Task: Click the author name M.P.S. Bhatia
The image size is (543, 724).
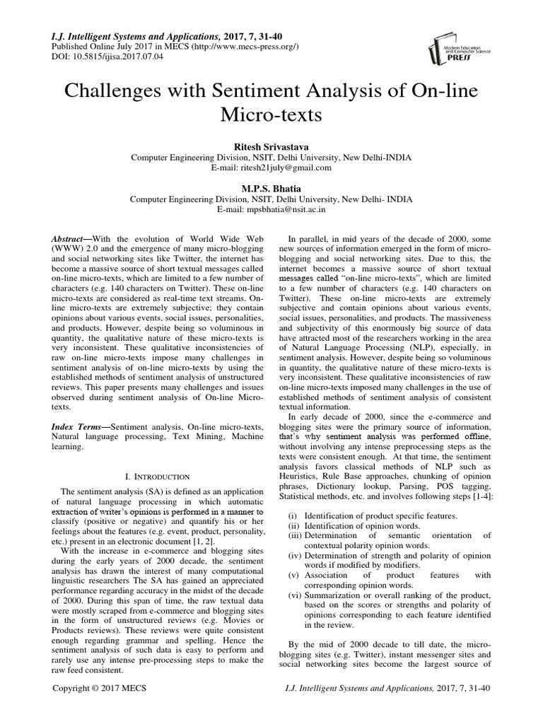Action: pos(271,188)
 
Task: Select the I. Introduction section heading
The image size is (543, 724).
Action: pos(156,477)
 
